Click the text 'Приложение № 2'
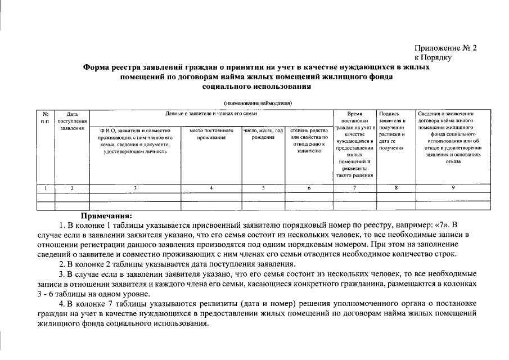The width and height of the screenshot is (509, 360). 445,48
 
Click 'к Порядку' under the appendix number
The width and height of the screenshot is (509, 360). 433,57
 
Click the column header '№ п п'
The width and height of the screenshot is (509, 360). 45,118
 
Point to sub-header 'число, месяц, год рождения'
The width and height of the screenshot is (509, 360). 263,134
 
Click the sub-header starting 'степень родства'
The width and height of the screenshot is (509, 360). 309,141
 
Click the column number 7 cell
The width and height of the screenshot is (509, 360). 354,187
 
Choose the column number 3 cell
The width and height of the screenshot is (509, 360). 135,187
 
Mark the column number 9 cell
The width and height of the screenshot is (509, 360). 452,187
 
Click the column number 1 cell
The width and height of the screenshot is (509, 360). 46,187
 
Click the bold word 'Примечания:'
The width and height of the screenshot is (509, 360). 106,215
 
